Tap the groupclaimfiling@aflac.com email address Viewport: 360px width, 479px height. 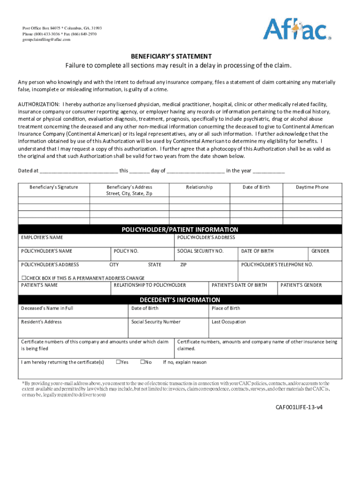pyautogui.click(x=46, y=39)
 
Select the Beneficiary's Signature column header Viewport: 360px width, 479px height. pyautogui.click(x=54, y=187)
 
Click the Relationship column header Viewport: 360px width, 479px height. pyautogui.click(x=199, y=187)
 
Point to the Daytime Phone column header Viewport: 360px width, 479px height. pyautogui.click(x=312, y=187)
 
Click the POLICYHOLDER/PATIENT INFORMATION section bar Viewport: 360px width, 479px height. pyautogui.click(x=180, y=230)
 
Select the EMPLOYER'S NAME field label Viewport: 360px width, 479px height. pyautogui.click(x=42, y=238)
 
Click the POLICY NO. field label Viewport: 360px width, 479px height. pyautogui.click(x=126, y=251)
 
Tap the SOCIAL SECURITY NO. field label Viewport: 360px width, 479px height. pyautogui.click(x=200, y=251)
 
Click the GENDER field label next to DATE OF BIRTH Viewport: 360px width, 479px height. pyautogui.click(x=320, y=251)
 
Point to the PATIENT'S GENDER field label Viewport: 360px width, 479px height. pyautogui.click(x=301, y=285)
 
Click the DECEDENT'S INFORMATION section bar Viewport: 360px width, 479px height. pyautogui.click(x=180, y=300)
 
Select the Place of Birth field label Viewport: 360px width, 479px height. pyautogui.click(x=226, y=308)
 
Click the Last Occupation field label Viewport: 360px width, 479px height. pyautogui.click(x=229, y=322)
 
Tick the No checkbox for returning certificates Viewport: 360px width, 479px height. pyautogui.click(x=143, y=362)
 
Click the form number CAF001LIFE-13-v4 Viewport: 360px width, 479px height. pyautogui.click(x=298, y=407)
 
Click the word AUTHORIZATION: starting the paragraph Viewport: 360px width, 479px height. pyautogui.click(x=39, y=104)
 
